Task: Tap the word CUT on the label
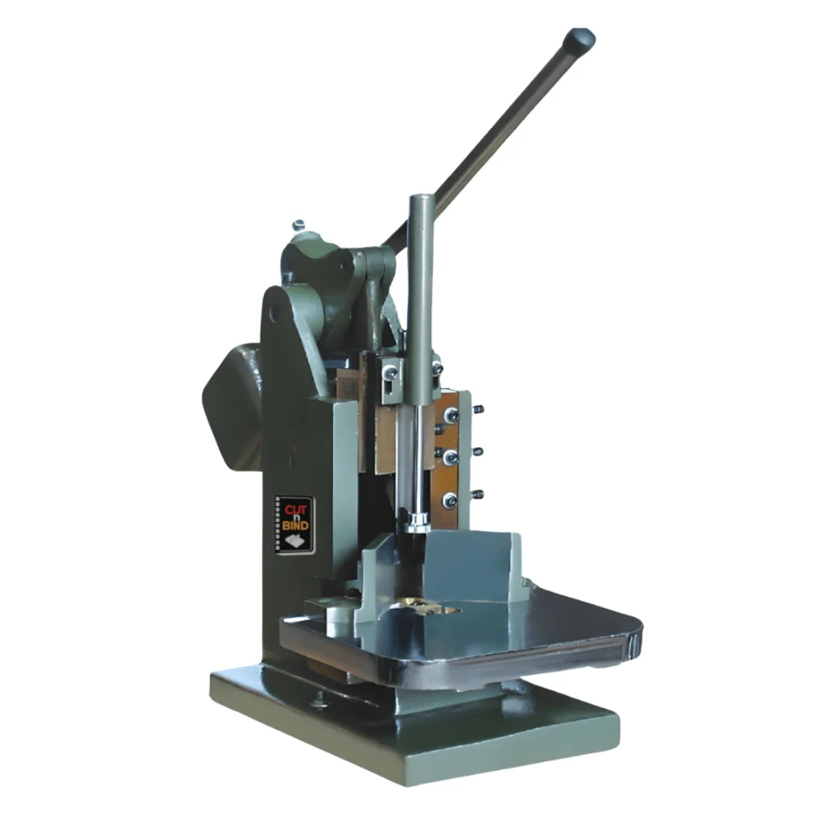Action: [296, 510]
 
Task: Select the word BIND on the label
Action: [296, 525]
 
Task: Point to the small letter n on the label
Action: [296, 517]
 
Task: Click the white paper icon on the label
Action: [295, 541]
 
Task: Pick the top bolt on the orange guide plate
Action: [451, 416]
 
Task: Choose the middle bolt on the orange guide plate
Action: [450, 457]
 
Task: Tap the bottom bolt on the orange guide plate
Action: [450, 500]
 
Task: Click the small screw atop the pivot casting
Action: [299, 225]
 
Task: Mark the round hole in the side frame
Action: [275, 313]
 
